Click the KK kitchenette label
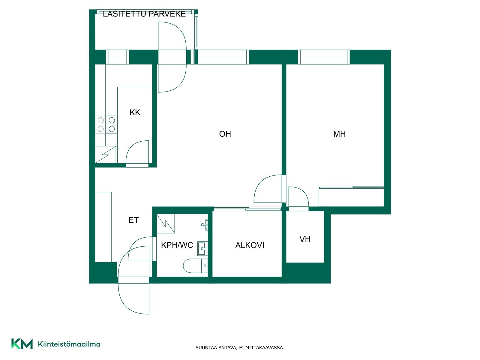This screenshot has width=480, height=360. click(135, 112)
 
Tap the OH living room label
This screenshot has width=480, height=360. click(225, 134)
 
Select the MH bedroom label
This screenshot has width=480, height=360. click(339, 134)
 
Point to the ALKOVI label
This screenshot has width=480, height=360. click(250, 245)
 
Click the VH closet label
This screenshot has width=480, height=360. click(305, 239)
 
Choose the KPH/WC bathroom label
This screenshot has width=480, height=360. click(177, 245)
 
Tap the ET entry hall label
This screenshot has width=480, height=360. click(133, 220)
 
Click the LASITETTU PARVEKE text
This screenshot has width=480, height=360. click(144, 14)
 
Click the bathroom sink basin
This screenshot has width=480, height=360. click(202, 248)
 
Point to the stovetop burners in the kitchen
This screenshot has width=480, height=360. click(106, 124)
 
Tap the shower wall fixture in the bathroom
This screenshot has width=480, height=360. click(205, 224)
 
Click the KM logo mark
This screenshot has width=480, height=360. click(22, 344)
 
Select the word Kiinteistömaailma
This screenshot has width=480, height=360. click(69, 344)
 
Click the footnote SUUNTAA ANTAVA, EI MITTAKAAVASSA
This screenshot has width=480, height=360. click(240, 347)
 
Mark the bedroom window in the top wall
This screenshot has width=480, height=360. click(324, 57)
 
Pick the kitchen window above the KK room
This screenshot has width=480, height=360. click(117, 57)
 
